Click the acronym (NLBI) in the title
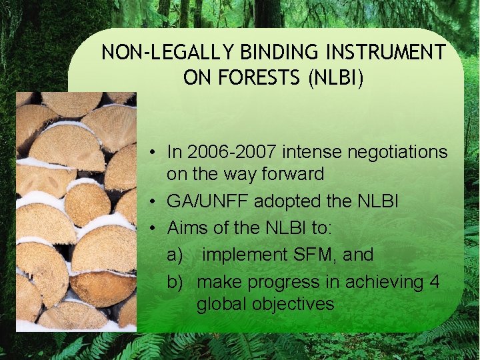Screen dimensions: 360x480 click(x=336, y=78)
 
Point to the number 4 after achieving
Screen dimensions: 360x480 click(x=435, y=282)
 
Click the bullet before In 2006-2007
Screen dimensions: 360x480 click(x=153, y=153)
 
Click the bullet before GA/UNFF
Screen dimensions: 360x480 click(x=153, y=201)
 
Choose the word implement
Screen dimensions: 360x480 click(x=244, y=254)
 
